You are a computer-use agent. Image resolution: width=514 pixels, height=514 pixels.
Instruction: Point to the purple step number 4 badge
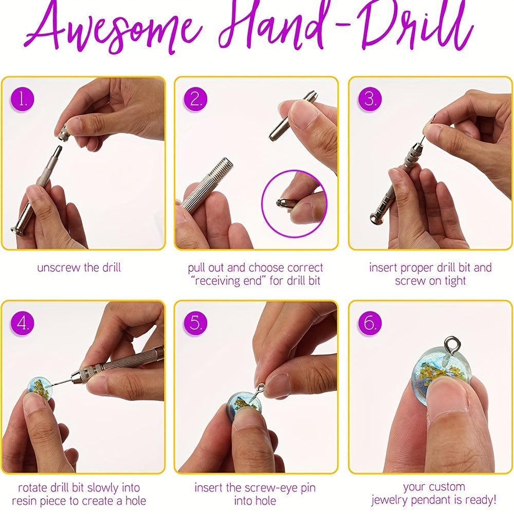23,323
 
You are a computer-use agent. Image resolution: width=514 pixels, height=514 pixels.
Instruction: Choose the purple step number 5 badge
195,323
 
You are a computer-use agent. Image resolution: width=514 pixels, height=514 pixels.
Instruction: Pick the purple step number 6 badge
370,323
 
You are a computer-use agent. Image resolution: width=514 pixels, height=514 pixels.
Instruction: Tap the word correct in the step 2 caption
305,268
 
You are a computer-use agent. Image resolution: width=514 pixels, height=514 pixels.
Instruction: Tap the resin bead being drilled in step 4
40,389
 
